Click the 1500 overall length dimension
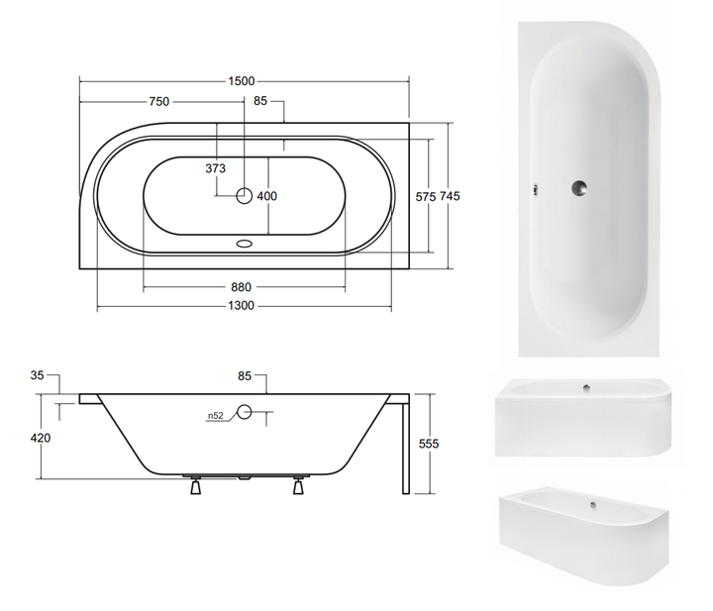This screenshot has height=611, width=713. [241, 81]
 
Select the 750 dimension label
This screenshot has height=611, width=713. [159, 101]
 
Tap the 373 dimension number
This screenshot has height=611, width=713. [216, 168]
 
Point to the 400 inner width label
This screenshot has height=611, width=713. [267, 196]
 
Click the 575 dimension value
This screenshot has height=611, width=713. [426, 196]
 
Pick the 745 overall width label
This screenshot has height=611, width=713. [450, 196]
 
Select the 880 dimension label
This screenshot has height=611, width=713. [241, 287]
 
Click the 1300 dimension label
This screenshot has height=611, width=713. [241, 306]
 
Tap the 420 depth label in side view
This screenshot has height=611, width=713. [41, 439]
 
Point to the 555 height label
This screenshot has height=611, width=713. [429, 444]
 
